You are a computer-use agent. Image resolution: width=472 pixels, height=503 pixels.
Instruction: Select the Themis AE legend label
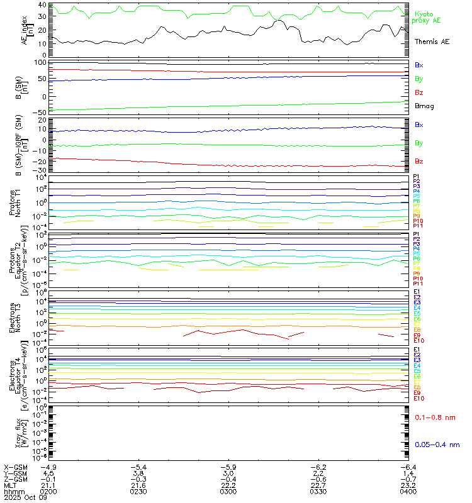pos(432,41)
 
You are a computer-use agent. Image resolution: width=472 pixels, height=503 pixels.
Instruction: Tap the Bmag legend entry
pos(423,106)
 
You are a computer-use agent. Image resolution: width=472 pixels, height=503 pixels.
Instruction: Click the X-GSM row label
pos(14,468)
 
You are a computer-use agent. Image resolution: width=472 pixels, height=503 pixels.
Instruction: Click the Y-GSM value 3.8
pos(138,473)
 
